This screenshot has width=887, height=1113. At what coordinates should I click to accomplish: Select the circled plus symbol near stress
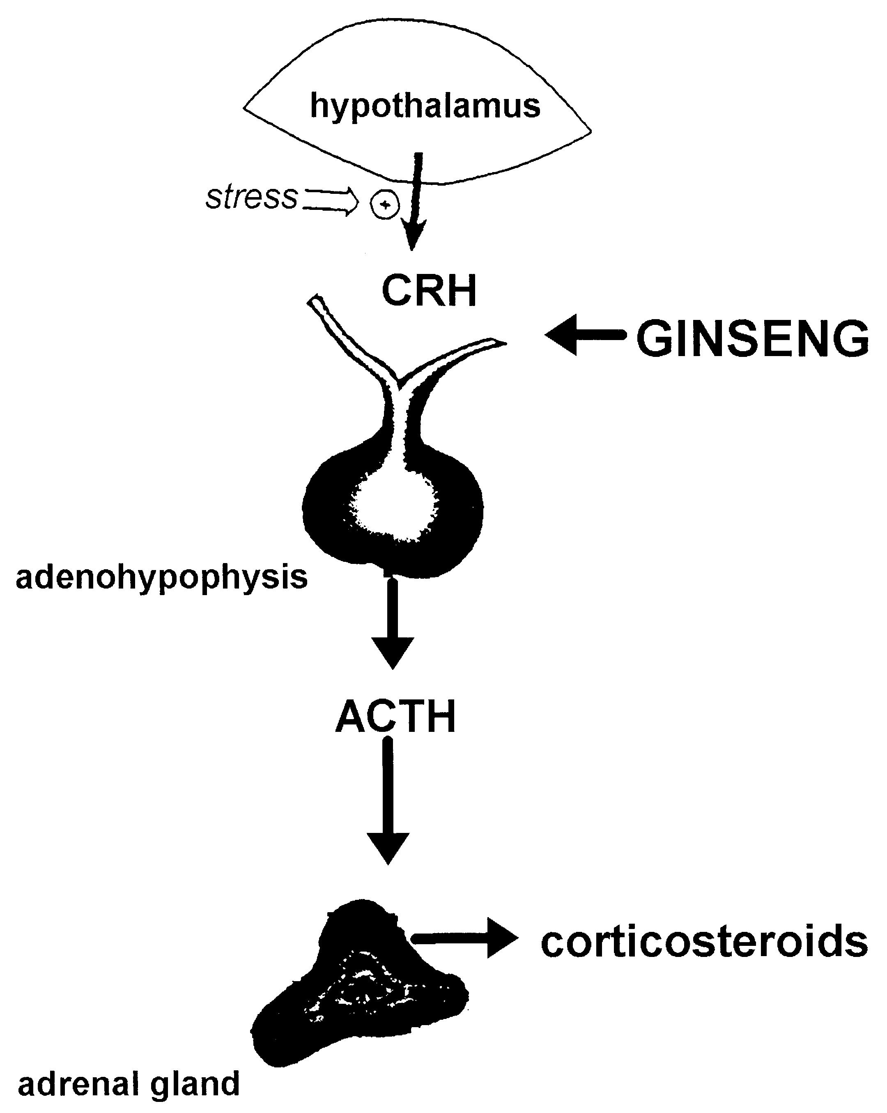coord(385,205)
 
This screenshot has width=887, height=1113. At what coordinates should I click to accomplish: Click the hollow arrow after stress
coord(331,201)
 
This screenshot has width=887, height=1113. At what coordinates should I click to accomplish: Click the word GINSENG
coord(752,339)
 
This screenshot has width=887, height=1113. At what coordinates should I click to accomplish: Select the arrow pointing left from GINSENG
coord(584,335)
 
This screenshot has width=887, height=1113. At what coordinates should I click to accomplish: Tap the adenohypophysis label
coord(162,577)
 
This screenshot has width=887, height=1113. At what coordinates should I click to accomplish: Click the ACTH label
coord(395,717)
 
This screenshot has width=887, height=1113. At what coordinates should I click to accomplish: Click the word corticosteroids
coord(704,941)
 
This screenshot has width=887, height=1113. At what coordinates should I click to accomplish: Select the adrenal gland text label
coord(129,1083)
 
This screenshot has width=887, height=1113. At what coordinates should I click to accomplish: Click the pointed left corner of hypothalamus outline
coord(245,108)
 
